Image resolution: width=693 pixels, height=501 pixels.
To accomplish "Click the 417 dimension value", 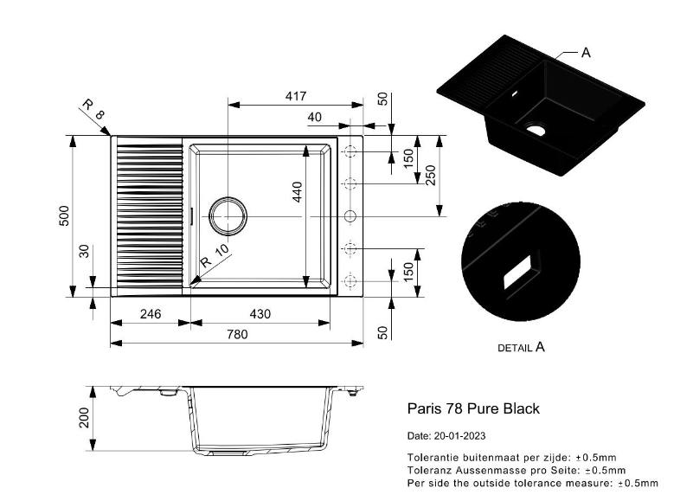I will [294, 96].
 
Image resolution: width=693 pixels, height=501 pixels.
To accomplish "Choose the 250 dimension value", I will [430, 175].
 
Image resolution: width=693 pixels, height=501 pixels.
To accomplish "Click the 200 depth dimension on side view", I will [84, 420].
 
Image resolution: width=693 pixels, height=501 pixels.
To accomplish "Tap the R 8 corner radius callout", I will [93, 110].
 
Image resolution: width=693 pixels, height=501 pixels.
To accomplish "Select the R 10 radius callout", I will [214, 256].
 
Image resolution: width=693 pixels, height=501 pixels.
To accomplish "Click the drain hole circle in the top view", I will [228, 215].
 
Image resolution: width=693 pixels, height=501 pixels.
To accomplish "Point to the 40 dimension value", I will [314, 117].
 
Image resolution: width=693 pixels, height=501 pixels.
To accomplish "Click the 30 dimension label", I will [85, 252].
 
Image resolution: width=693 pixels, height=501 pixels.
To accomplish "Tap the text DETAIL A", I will [521, 347].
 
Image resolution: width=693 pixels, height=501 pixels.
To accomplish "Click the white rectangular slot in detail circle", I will [518, 269].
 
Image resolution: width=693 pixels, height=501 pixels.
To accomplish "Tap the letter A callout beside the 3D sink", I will [586, 53].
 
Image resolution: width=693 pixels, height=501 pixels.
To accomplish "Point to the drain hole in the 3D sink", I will [536, 131].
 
